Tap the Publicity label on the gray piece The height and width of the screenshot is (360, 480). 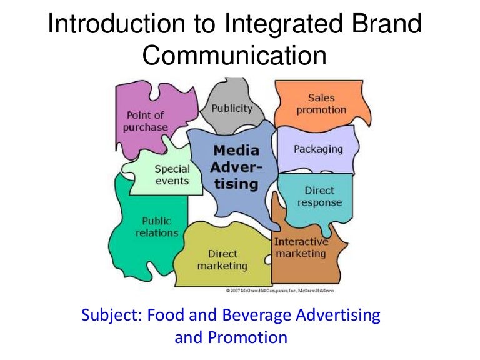tap(232, 108)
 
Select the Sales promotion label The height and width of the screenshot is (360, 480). tap(321, 104)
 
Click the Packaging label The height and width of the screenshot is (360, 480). tap(319, 149)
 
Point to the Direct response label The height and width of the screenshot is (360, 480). tap(319, 196)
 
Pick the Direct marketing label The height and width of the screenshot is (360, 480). tap(222, 260)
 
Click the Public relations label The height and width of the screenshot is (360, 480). tap(157, 227)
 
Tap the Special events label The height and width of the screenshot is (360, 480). tap(172, 174)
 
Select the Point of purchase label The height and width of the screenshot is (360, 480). tap(146, 121)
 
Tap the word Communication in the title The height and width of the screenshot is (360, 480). tap(235, 56)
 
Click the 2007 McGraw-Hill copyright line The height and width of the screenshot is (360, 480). tap(280, 291)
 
